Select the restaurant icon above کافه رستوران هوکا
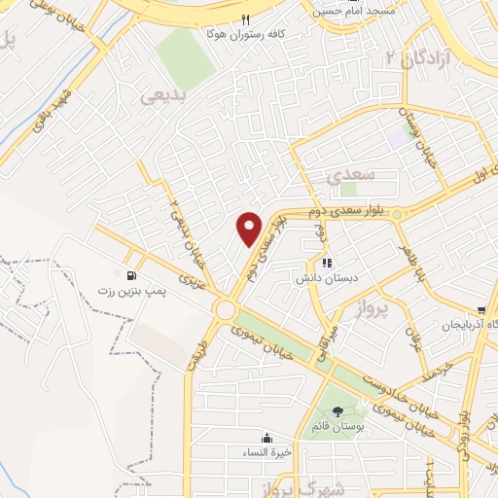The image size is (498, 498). click(245, 19)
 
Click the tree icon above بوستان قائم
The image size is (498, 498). click(337, 412)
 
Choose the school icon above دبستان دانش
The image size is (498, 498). click(326, 262)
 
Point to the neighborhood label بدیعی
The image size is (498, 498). click(162, 96)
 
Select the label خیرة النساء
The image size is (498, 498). click(266, 452)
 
